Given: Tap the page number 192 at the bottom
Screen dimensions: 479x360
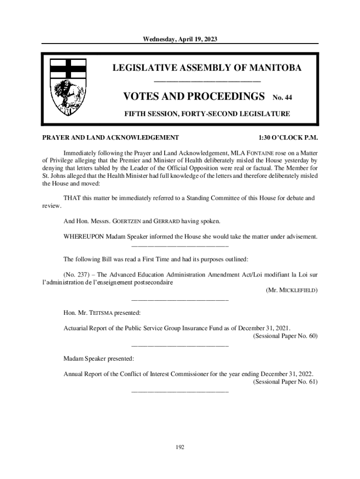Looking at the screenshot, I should coord(180,447).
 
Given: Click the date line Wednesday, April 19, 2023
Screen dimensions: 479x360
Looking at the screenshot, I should coord(180,38).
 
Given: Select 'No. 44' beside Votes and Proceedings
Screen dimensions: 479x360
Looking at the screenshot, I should coord(282,98).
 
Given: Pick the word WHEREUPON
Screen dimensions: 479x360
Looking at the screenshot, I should coord(84,237).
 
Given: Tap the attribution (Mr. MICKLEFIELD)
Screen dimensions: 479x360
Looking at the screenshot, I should coord(292,290).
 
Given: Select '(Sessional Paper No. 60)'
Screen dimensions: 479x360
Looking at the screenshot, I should coord(285,336).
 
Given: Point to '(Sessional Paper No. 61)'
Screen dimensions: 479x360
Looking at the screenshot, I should coord(285,382).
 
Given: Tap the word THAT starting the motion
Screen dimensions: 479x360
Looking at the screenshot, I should coord(72,198).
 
